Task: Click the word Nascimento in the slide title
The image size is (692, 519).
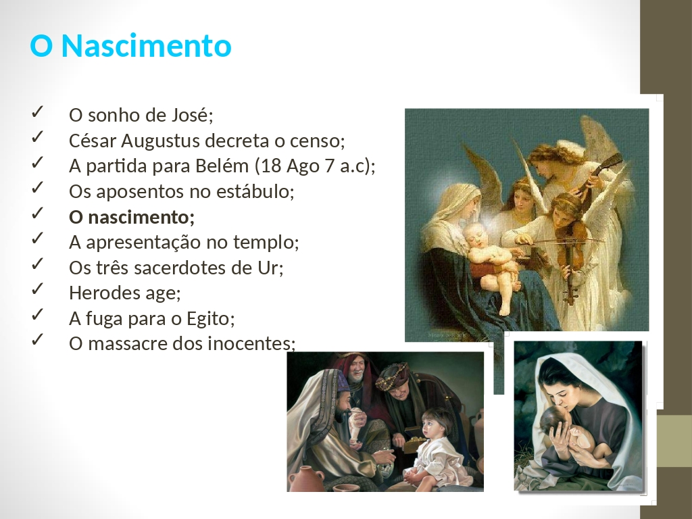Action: [146, 45]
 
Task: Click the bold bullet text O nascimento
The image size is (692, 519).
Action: [132, 217]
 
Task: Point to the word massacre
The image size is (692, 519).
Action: [128, 344]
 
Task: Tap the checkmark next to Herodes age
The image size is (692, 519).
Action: [37, 289]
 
